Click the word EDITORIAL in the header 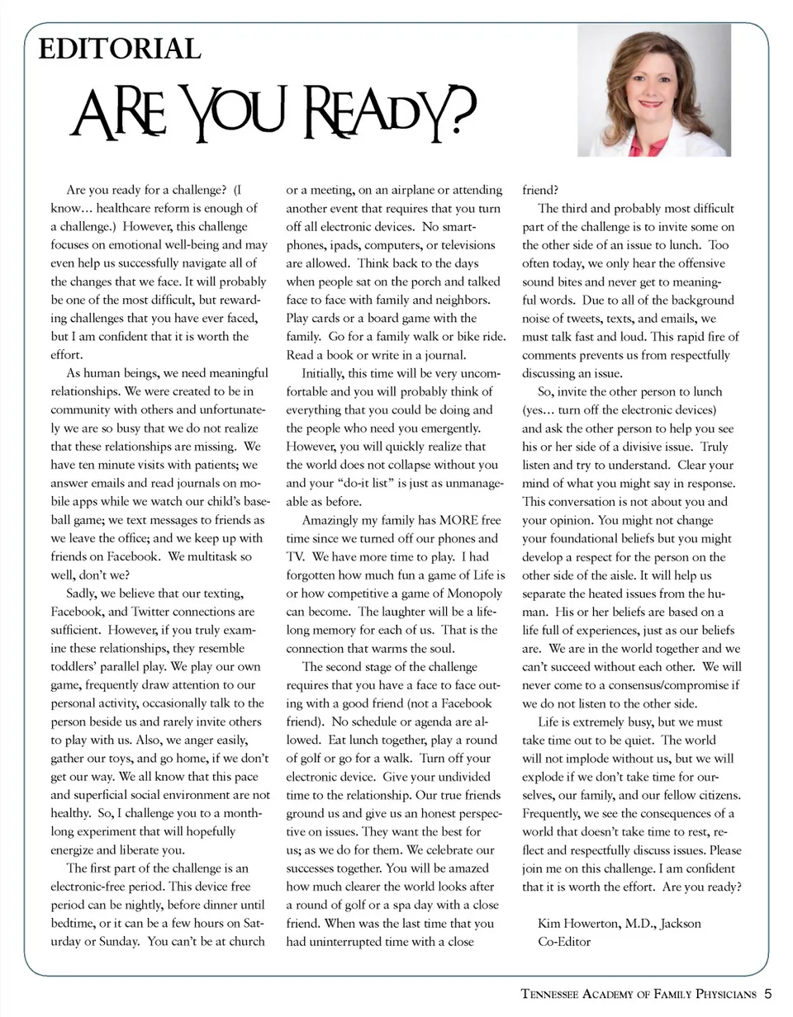pos(121,50)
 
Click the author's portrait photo pos(654,90)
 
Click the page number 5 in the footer pos(767,994)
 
